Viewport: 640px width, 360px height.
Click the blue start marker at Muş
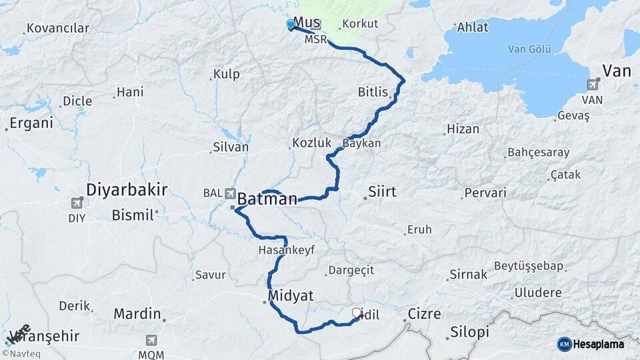[x=291, y=25]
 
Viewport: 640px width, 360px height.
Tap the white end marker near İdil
[x=357, y=312]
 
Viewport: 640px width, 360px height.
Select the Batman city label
[x=267, y=199]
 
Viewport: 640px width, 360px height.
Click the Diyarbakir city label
[x=127, y=189]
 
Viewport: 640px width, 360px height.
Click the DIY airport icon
[x=78, y=203]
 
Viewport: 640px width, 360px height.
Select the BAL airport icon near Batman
[x=231, y=193]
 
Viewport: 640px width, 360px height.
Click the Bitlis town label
[x=373, y=92]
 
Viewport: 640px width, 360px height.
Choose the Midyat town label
[x=291, y=295]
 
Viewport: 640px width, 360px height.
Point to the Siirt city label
[x=382, y=192]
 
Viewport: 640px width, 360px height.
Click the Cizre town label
[x=424, y=313]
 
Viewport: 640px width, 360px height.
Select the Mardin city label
[x=137, y=313]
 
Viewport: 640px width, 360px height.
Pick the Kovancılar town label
[x=57, y=28]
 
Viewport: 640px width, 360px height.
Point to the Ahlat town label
[x=473, y=27]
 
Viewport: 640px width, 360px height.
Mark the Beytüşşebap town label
[x=529, y=266]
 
